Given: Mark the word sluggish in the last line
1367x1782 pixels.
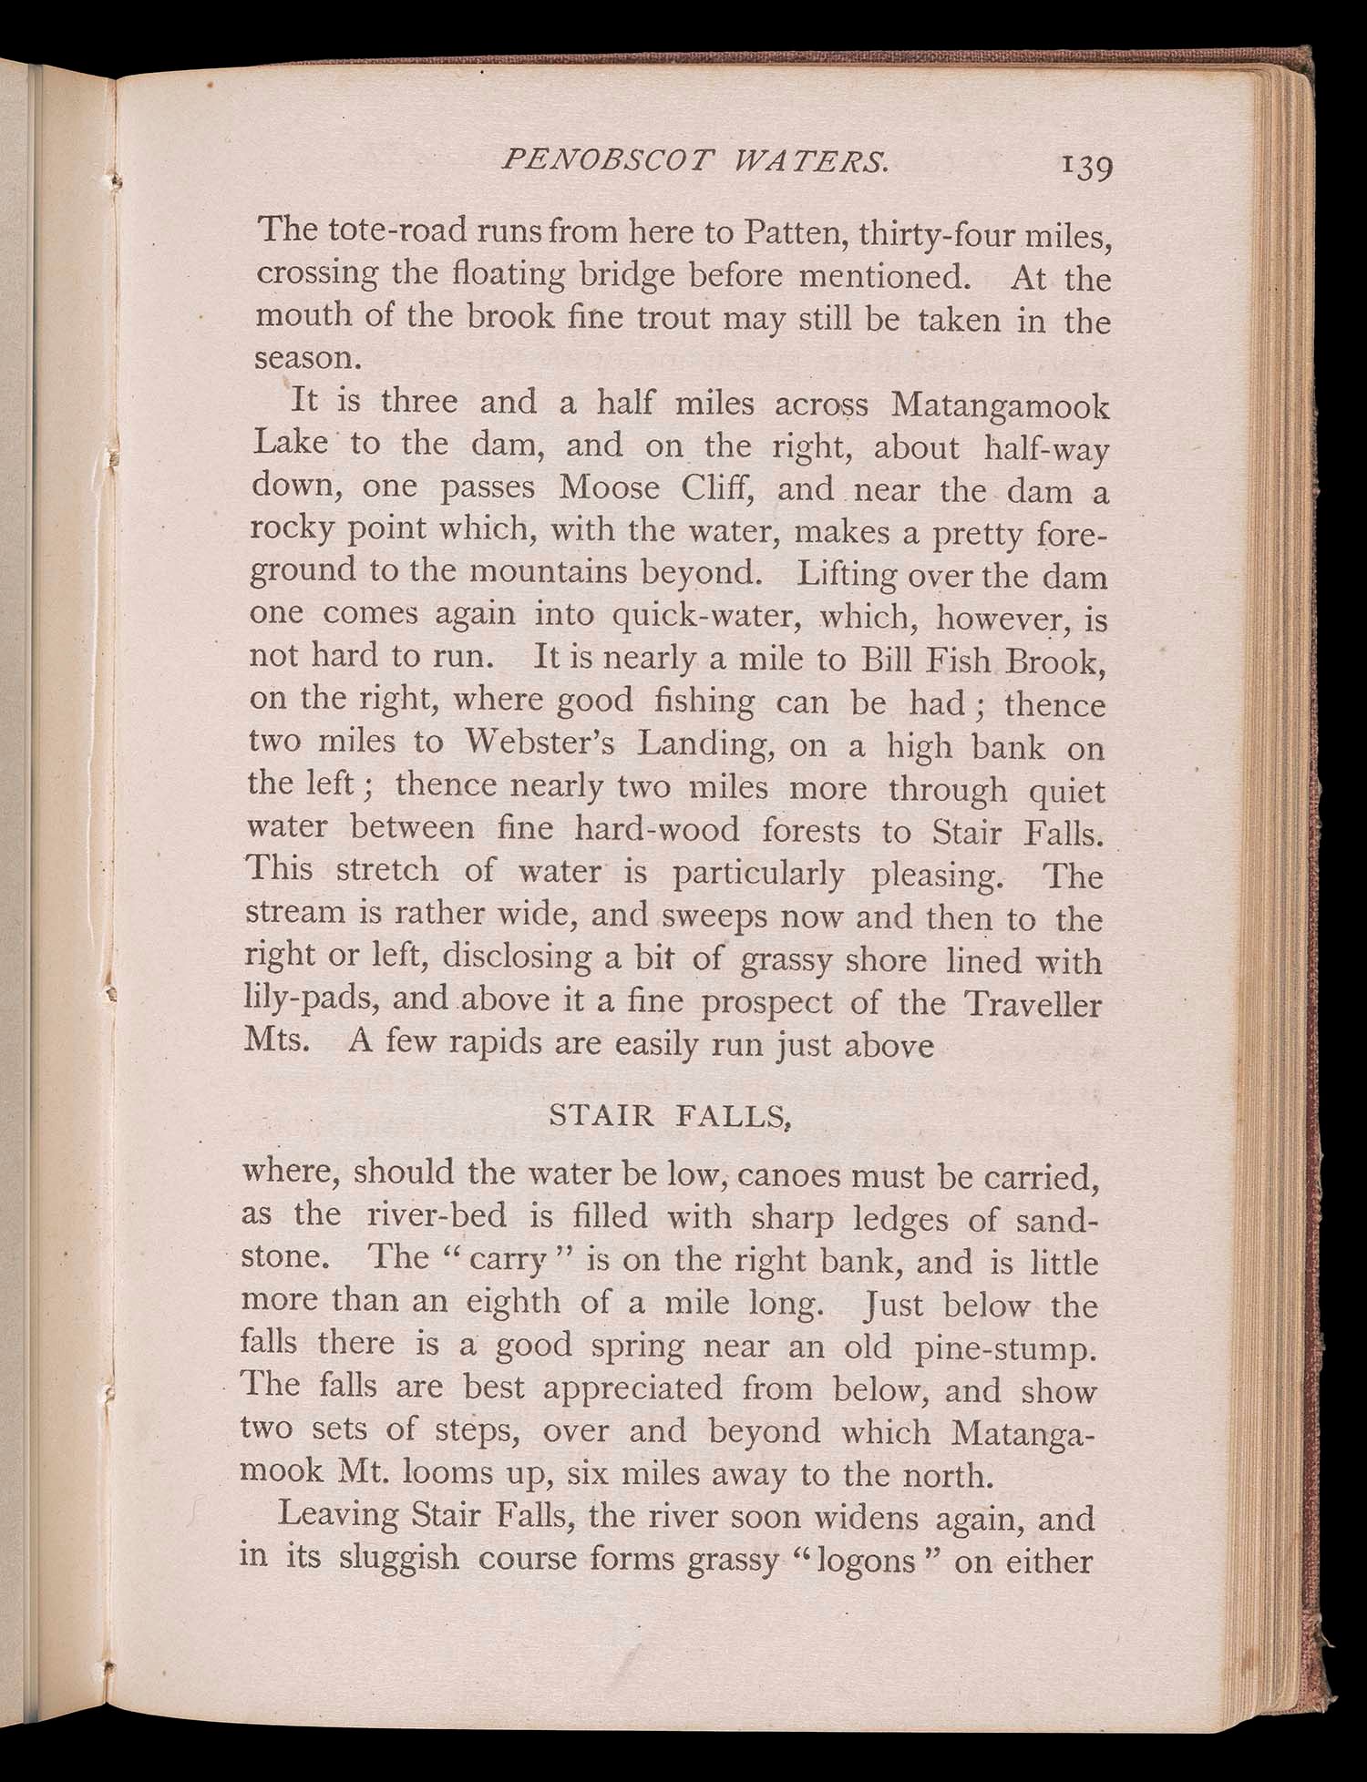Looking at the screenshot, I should [399, 1559].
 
